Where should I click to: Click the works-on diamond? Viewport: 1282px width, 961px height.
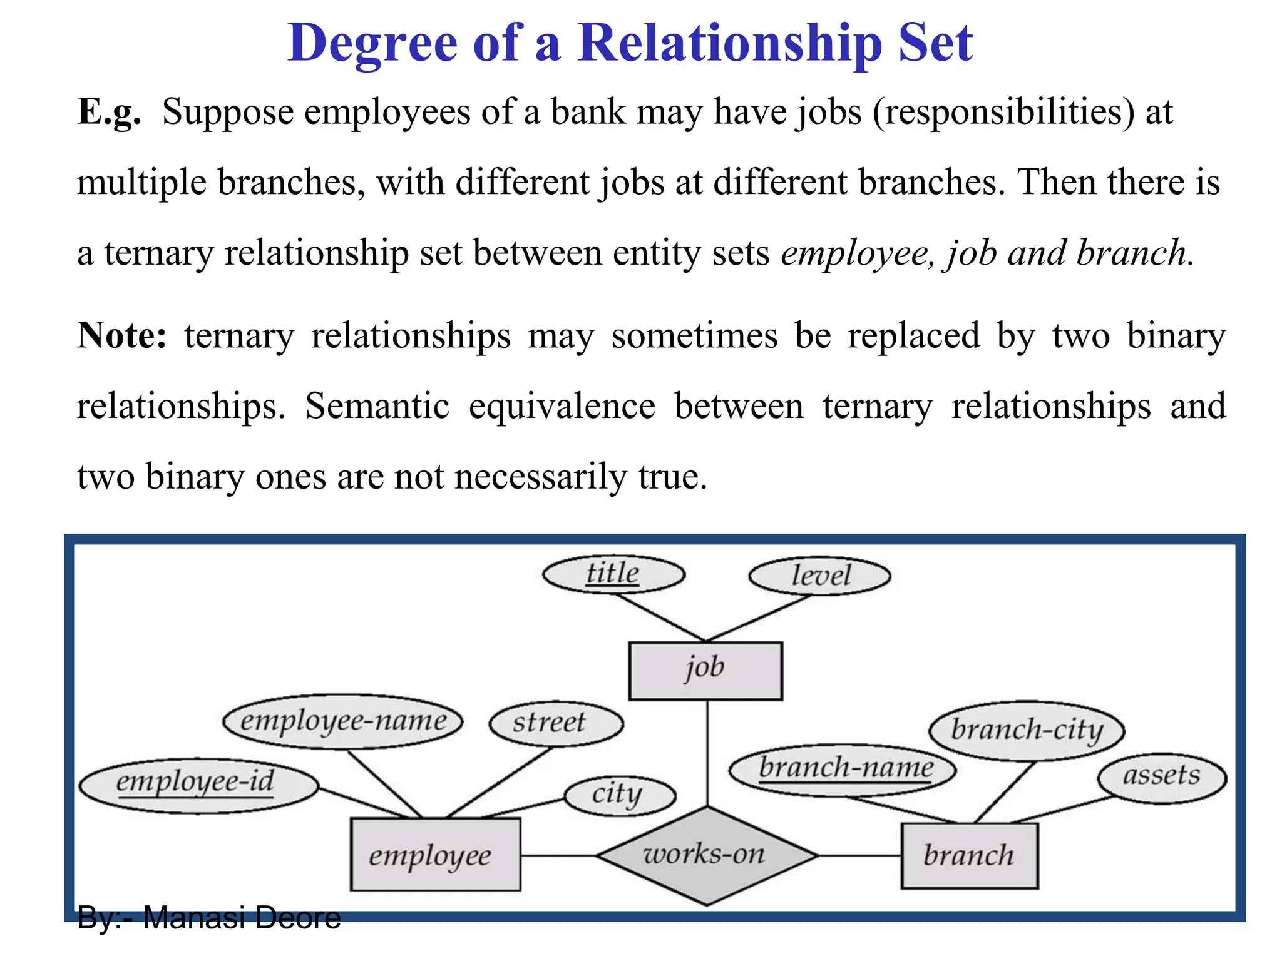click(707, 855)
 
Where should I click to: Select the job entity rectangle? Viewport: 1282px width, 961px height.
click(705, 670)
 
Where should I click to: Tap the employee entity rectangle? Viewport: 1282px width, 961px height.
click(435, 855)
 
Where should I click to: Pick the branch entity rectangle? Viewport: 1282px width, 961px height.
click(969, 855)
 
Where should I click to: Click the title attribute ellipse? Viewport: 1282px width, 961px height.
click(613, 574)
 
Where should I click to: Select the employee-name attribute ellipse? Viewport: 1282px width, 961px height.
click(343, 721)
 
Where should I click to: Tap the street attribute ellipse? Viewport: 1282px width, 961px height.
click(556, 723)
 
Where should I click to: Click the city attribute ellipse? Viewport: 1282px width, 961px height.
click(620, 796)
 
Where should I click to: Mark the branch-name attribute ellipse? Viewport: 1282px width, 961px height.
click(843, 770)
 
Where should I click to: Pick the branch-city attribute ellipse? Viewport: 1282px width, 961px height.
click(1027, 731)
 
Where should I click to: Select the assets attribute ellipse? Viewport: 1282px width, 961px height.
click(1162, 777)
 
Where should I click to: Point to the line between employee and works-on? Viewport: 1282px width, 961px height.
click(558, 855)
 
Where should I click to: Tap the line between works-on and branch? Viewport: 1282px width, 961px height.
click(859, 855)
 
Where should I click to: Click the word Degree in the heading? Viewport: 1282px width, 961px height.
click(372, 44)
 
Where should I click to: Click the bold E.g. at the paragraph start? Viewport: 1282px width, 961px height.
click(109, 113)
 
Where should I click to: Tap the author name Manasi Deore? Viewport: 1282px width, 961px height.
click(242, 918)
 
